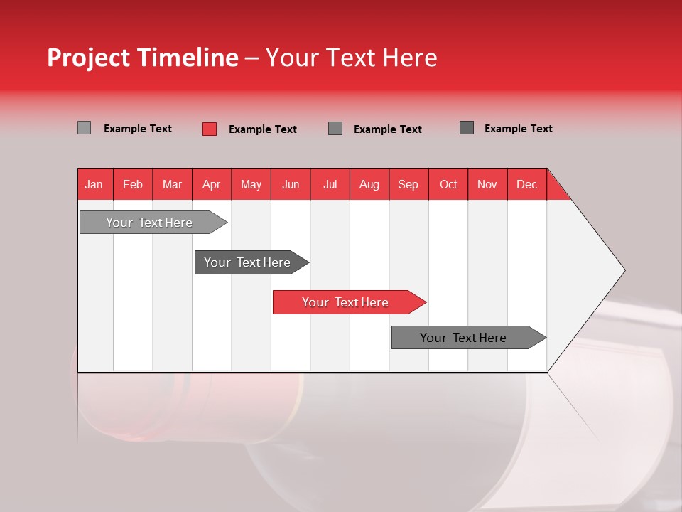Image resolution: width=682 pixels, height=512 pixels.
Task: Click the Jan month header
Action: tap(94, 184)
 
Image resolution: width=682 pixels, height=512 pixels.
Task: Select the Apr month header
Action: tap(211, 184)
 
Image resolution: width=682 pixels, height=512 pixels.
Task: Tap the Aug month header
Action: tap(369, 184)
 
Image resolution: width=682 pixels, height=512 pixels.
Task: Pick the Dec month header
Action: tap(526, 184)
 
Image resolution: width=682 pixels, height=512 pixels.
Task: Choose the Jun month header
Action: tap(290, 184)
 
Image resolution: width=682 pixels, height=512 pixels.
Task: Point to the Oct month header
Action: tap(448, 184)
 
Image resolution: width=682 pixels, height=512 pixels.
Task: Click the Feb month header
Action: tap(133, 184)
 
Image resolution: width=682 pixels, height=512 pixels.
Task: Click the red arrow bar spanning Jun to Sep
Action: tap(345, 302)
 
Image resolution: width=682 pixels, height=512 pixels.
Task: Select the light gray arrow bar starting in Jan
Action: tap(149, 223)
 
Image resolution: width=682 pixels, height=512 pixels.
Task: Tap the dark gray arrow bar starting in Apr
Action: tap(247, 262)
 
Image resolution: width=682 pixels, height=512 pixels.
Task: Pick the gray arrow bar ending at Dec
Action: tap(463, 338)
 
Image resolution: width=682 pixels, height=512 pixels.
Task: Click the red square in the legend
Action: tap(210, 129)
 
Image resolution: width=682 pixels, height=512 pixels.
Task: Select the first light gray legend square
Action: tap(84, 128)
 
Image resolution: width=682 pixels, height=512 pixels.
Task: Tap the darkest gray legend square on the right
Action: tap(467, 128)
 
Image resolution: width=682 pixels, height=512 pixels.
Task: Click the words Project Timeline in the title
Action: tap(143, 58)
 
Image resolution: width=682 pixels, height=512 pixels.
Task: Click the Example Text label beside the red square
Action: tap(263, 129)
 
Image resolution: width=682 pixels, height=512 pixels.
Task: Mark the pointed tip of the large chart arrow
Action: tap(623, 270)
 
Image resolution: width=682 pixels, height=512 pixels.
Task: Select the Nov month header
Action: tap(487, 184)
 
